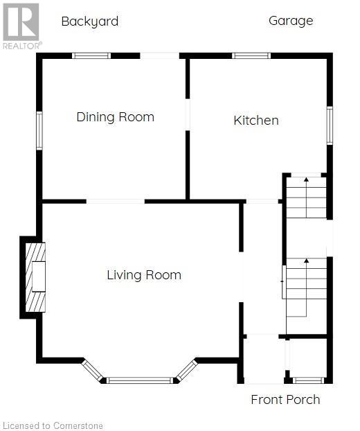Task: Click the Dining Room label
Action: (116, 117)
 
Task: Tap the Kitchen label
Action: (256, 121)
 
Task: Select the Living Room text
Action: (144, 275)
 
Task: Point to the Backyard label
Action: (90, 21)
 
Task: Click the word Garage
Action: (291, 21)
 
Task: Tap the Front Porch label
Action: (286, 399)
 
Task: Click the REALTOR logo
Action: (22, 26)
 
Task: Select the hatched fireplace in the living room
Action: (35, 277)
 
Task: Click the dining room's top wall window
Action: (91, 56)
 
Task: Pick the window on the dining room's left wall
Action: (39, 131)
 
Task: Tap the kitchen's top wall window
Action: (251, 56)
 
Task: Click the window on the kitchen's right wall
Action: (330, 125)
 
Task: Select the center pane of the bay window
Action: (140, 380)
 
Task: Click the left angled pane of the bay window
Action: (92, 371)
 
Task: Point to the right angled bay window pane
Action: (187, 371)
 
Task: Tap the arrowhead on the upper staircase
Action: (307, 179)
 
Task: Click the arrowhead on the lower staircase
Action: (307, 261)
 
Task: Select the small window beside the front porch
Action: (308, 380)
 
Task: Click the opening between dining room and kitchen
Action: (188, 114)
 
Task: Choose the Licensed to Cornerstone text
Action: (53, 425)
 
